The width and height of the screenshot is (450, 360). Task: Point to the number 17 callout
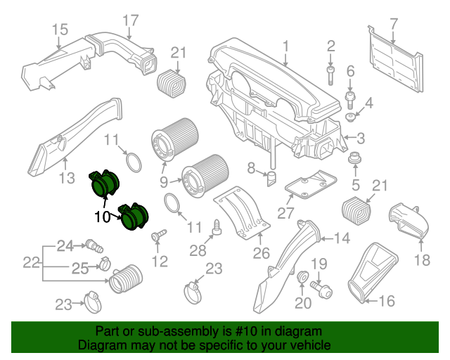[x=131, y=20]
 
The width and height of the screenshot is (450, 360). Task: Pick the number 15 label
[x=60, y=29]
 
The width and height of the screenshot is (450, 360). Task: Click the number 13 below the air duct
[x=65, y=179]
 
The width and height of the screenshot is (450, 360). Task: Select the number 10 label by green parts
[x=103, y=217]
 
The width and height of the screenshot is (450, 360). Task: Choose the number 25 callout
[x=79, y=267]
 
